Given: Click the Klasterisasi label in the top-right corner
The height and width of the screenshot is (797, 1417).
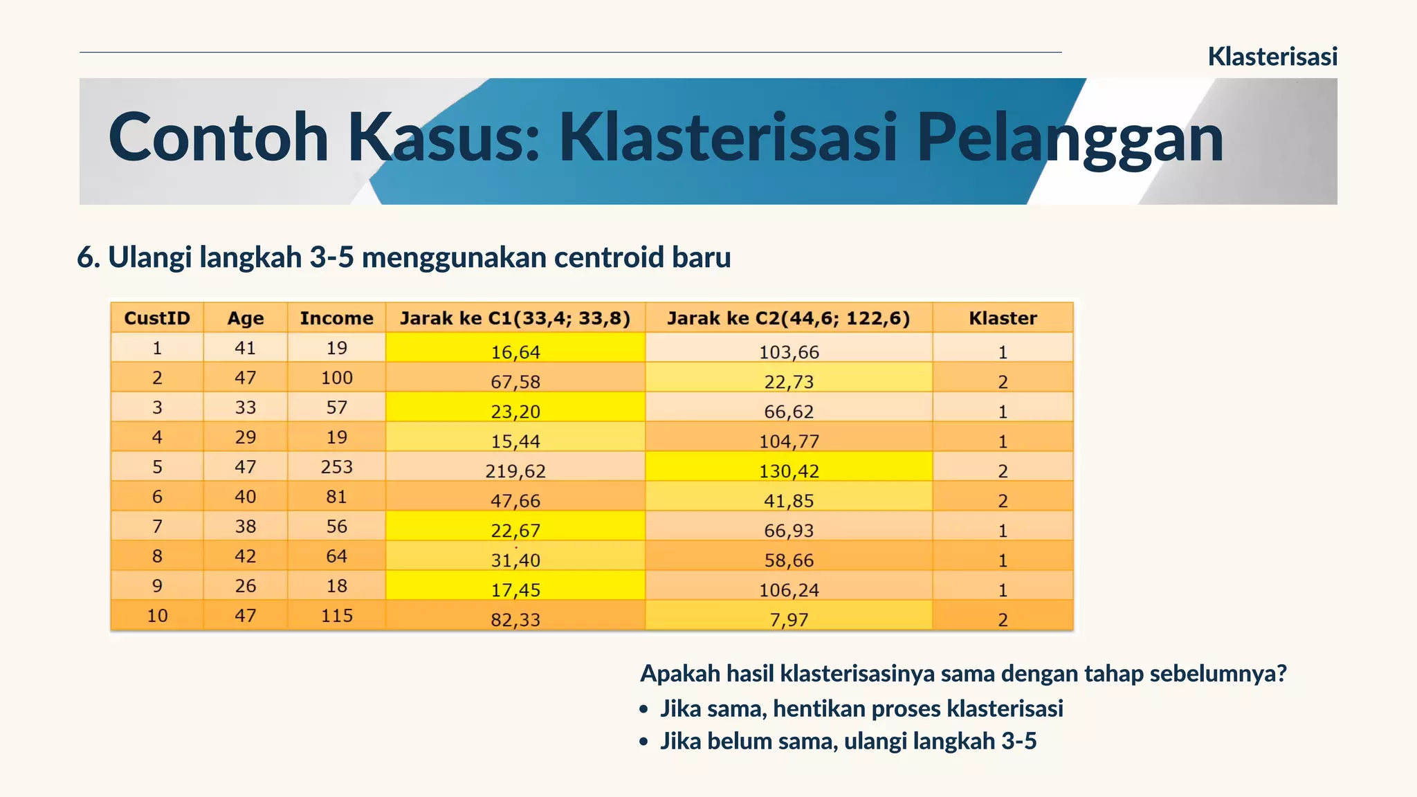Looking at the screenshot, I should [x=1272, y=57].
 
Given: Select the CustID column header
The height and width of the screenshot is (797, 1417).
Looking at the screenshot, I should [x=157, y=318].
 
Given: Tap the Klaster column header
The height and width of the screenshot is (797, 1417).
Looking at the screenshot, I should [x=1003, y=318].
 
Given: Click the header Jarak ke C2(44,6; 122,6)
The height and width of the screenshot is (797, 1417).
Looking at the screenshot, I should [x=788, y=318].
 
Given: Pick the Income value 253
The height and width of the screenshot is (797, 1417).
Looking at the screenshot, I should [x=336, y=467].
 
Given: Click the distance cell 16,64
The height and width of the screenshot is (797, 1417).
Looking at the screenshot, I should [x=515, y=351].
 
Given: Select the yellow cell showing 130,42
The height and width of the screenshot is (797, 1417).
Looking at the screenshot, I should [x=789, y=470].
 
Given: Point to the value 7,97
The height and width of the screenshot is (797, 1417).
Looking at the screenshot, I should [x=789, y=619].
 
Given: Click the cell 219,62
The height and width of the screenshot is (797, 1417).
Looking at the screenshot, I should [x=515, y=470].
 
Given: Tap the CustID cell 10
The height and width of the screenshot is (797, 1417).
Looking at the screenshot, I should [x=157, y=616].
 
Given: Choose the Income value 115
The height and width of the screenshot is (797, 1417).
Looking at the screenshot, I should [x=336, y=616].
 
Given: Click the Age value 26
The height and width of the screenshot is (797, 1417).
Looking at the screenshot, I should [x=246, y=586].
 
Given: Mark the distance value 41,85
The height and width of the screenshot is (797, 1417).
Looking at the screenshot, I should [x=789, y=500].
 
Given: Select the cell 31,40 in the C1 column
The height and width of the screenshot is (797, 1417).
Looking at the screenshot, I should [x=515, y=560].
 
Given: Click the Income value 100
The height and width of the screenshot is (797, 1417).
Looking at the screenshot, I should [x=336, y=378].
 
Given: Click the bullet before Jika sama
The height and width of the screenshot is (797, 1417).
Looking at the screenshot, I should [x=644, y=710].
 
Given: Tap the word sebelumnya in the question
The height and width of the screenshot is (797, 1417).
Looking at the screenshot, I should [x=1217, y=673].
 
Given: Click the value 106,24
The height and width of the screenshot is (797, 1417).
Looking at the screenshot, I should [x=789, y=589].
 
